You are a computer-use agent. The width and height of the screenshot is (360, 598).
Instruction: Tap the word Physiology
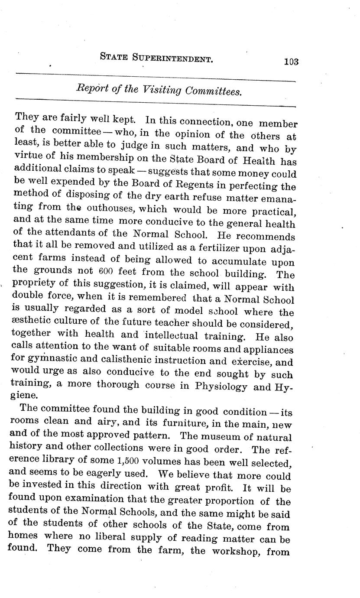pyautogui.click(x=222, y=386)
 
